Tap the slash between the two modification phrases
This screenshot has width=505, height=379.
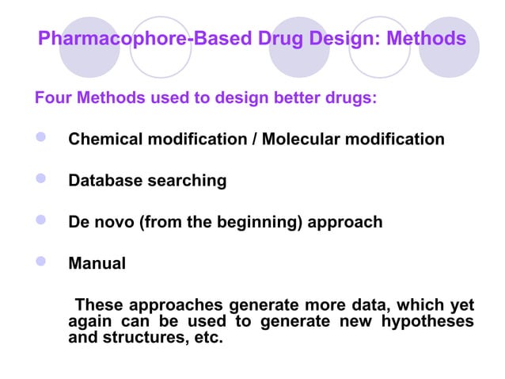click(254, 140)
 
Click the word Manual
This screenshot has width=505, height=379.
click(97, 263)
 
